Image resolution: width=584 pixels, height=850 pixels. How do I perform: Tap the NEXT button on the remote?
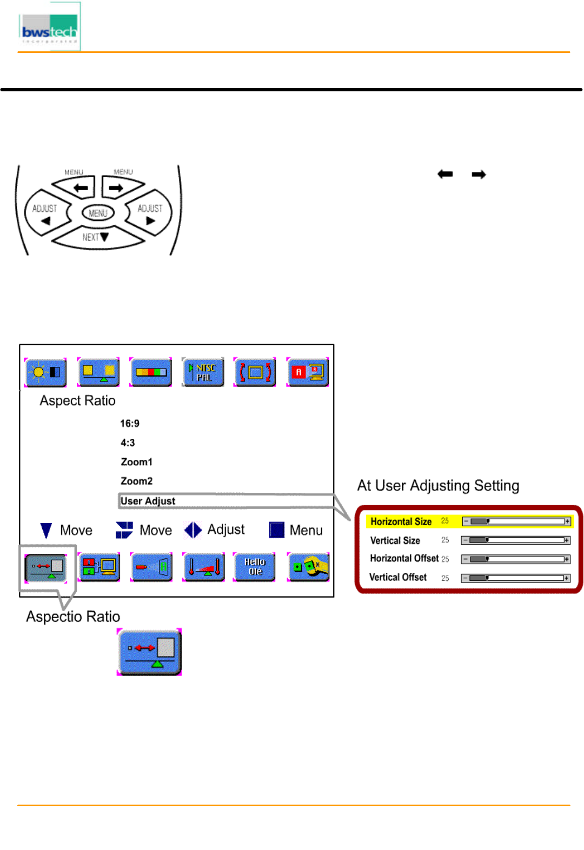pyautogui.click(x=96, y=237)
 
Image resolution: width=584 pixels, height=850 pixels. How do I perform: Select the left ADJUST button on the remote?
pyautogui.click(x=45, y=213)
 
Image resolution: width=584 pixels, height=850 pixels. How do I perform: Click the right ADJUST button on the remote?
pyautogui.click(x=149, y=213)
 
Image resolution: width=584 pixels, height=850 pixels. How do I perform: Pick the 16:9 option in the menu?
pyautogui.click(x=130, y=424)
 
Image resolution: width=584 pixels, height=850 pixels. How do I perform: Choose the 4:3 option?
pyautogui.click(x=128, y=443)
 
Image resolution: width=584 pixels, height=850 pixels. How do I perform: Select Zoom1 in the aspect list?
pyautogui.click(x=136, y=462)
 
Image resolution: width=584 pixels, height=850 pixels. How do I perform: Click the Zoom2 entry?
pyautogui.click(x=136, y=481)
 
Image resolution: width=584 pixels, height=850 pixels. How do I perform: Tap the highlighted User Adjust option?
pyautogui.click(x=148, y=501)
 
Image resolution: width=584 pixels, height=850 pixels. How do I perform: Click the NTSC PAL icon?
pyautogui.click(x=203, y=372)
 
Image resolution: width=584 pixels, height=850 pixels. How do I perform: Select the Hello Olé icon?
pyautogui.click(x=255, y=567)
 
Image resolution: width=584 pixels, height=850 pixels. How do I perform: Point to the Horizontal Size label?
pyautogui.click(x=401, y=521)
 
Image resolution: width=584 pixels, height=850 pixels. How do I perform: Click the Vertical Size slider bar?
pyautogui.click(x=515, y=540)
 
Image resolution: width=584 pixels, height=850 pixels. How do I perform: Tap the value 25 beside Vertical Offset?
pyautogui.click(x=445, y=578)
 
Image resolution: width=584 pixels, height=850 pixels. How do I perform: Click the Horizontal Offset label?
pyautogui.click(x=404, y=558)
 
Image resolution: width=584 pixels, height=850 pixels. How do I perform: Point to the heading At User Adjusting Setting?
pyautogui.click(x=438, y=486)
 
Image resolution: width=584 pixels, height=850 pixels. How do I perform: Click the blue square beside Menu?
pyautogui.click(x=277, y=530)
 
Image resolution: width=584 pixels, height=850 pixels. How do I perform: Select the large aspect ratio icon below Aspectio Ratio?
pyautogui.click(x=150, y=652)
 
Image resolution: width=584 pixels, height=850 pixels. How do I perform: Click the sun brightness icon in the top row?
pyautogui.click(x=46, y=372)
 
